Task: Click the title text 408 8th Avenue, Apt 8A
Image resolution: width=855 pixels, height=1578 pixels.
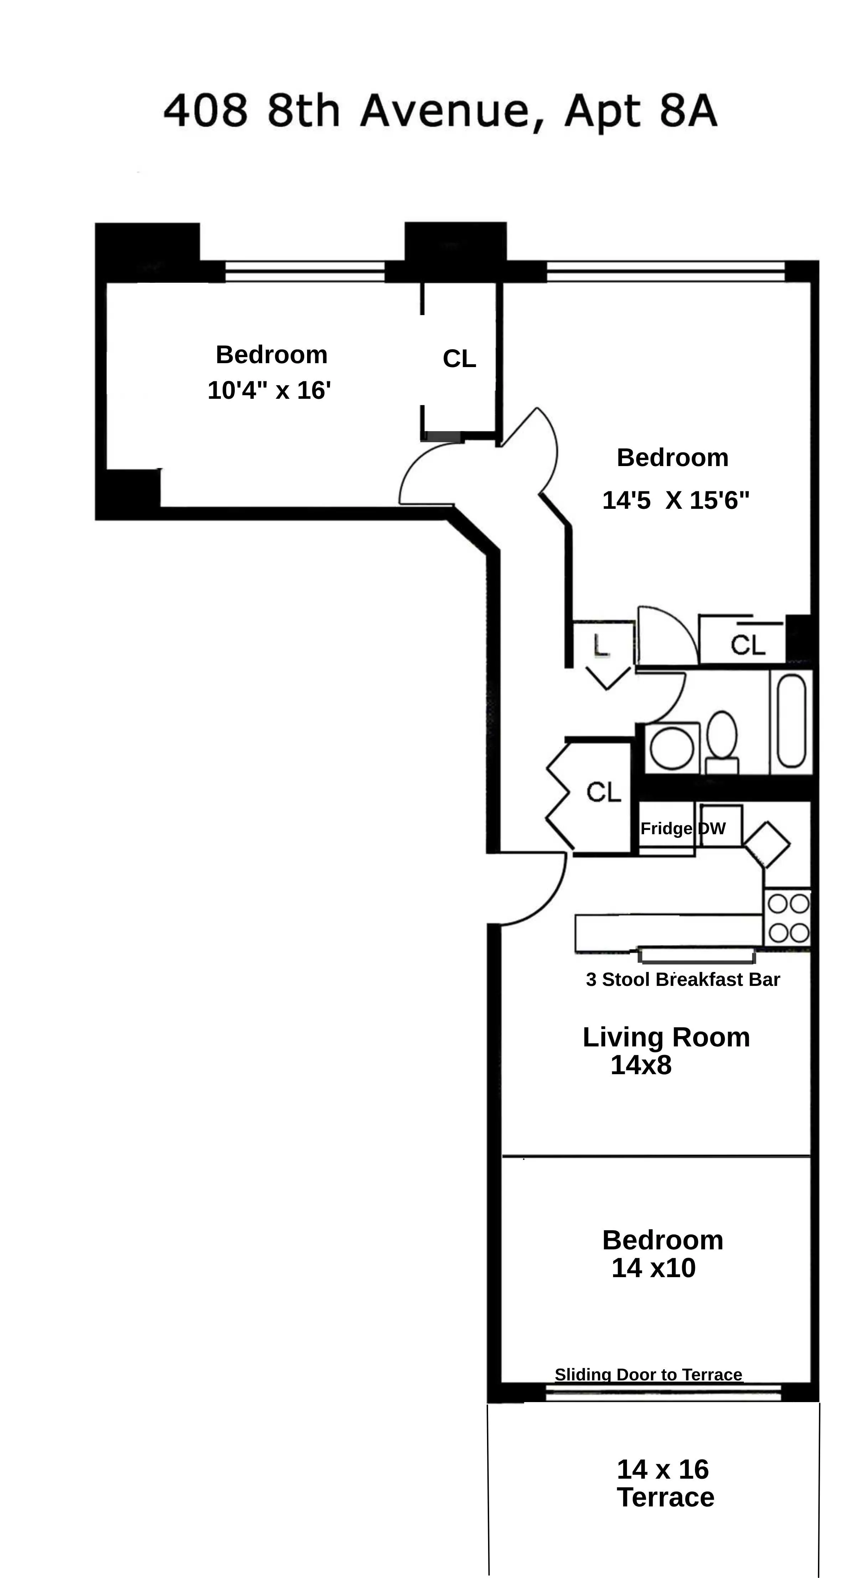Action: pos(440,111)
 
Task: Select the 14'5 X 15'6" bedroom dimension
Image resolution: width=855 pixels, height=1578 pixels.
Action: pos(675,501)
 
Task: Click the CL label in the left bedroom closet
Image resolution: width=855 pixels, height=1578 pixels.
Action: pos(459,359)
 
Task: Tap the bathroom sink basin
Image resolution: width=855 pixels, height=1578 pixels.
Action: pos(672,748)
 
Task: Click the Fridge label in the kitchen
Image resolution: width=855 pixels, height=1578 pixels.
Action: pos(665,829)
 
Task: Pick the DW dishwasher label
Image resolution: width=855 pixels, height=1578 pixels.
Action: pos(712,829)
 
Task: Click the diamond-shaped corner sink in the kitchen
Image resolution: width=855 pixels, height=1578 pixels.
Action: pos(767,845)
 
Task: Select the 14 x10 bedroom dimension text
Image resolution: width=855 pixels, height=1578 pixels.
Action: pos(653,1268)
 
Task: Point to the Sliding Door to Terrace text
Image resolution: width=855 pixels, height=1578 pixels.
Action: pos(648,1375)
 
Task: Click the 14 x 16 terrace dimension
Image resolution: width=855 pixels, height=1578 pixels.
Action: pos(663,1469)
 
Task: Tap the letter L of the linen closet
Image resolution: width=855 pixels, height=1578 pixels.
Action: pos(601,645)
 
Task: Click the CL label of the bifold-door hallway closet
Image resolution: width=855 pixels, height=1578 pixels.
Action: pos(604,792)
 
